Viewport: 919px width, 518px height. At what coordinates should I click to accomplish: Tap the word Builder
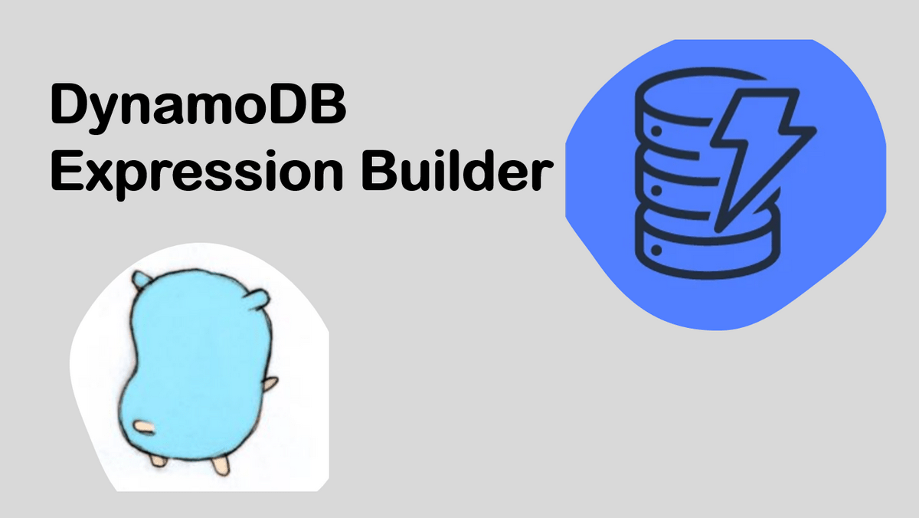457,170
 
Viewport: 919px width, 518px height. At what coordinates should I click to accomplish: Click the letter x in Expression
100,175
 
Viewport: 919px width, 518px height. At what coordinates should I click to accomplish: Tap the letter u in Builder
417,175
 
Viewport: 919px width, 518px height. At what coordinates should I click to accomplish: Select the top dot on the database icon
656,131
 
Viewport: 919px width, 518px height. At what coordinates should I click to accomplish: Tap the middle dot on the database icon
656,191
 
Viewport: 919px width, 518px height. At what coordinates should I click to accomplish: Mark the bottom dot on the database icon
656,250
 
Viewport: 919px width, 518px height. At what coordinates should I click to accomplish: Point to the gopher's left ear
141,280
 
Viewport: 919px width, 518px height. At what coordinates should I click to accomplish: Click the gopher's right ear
260,299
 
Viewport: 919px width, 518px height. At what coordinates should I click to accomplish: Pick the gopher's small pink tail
145,428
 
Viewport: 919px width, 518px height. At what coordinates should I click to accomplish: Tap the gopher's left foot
158,460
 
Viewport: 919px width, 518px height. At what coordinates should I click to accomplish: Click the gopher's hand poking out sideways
270,385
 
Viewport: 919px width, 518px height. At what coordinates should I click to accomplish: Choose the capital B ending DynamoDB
329,103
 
